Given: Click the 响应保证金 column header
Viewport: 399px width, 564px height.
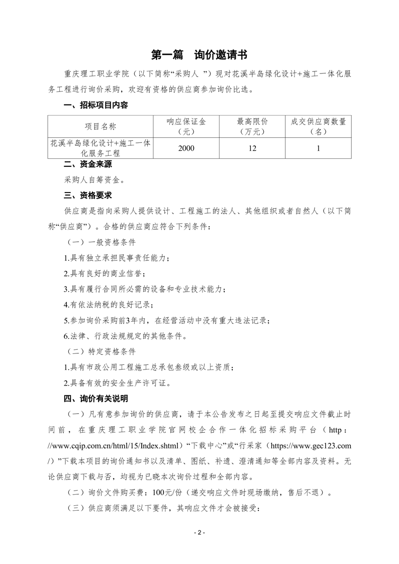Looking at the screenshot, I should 186,126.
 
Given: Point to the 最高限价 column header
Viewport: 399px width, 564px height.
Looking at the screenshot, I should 252,126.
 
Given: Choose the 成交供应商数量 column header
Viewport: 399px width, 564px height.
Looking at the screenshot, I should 318,126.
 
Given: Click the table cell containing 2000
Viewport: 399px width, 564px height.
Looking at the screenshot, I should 186,148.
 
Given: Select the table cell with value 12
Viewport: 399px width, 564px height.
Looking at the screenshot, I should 252,148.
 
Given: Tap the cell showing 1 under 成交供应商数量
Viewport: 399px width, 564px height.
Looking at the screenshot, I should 318,148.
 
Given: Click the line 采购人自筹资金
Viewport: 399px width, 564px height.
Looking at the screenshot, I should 94,179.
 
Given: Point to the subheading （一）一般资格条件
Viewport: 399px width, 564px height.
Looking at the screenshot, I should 102,242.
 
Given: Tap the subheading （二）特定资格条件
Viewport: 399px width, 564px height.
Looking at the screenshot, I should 102,351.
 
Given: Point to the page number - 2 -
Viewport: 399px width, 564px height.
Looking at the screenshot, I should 199,532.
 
